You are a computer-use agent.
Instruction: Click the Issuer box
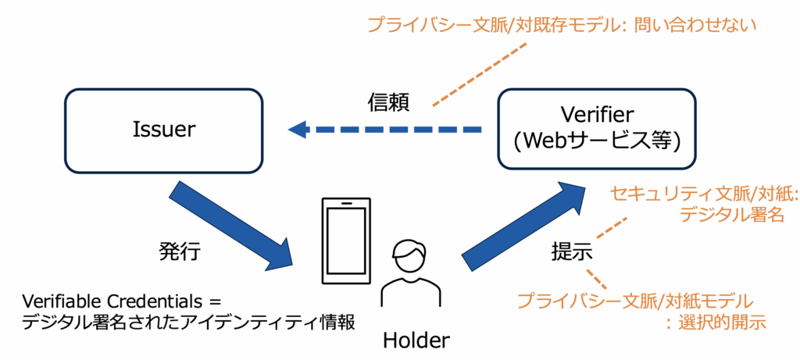click(164, 131)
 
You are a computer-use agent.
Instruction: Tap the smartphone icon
click(346, 241)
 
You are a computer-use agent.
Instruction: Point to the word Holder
click(416, 340)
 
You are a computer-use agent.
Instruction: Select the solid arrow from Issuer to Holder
click(231, 225)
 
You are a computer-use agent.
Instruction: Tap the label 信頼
click(389, 103)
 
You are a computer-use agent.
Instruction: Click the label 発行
click(180, 251)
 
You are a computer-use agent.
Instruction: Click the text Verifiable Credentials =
click(120, 301)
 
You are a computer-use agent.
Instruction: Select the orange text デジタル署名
click(732, 215)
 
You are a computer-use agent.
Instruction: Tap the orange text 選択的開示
click(725, 323)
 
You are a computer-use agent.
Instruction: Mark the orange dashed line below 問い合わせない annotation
click(478, 74)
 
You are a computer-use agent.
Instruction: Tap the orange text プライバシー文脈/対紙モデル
click(635, 301)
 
